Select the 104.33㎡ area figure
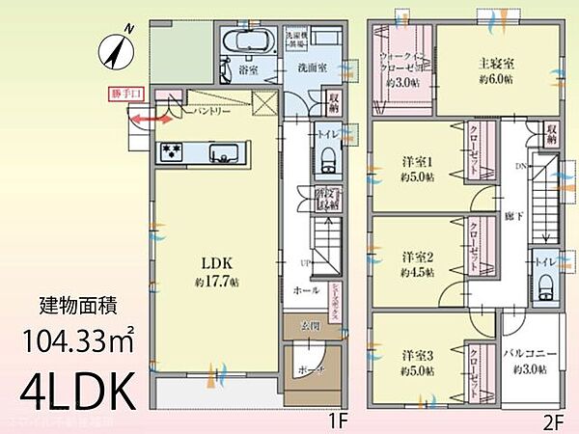pos(79,341)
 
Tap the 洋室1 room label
pos(417,160)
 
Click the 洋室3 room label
pos(417,355)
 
